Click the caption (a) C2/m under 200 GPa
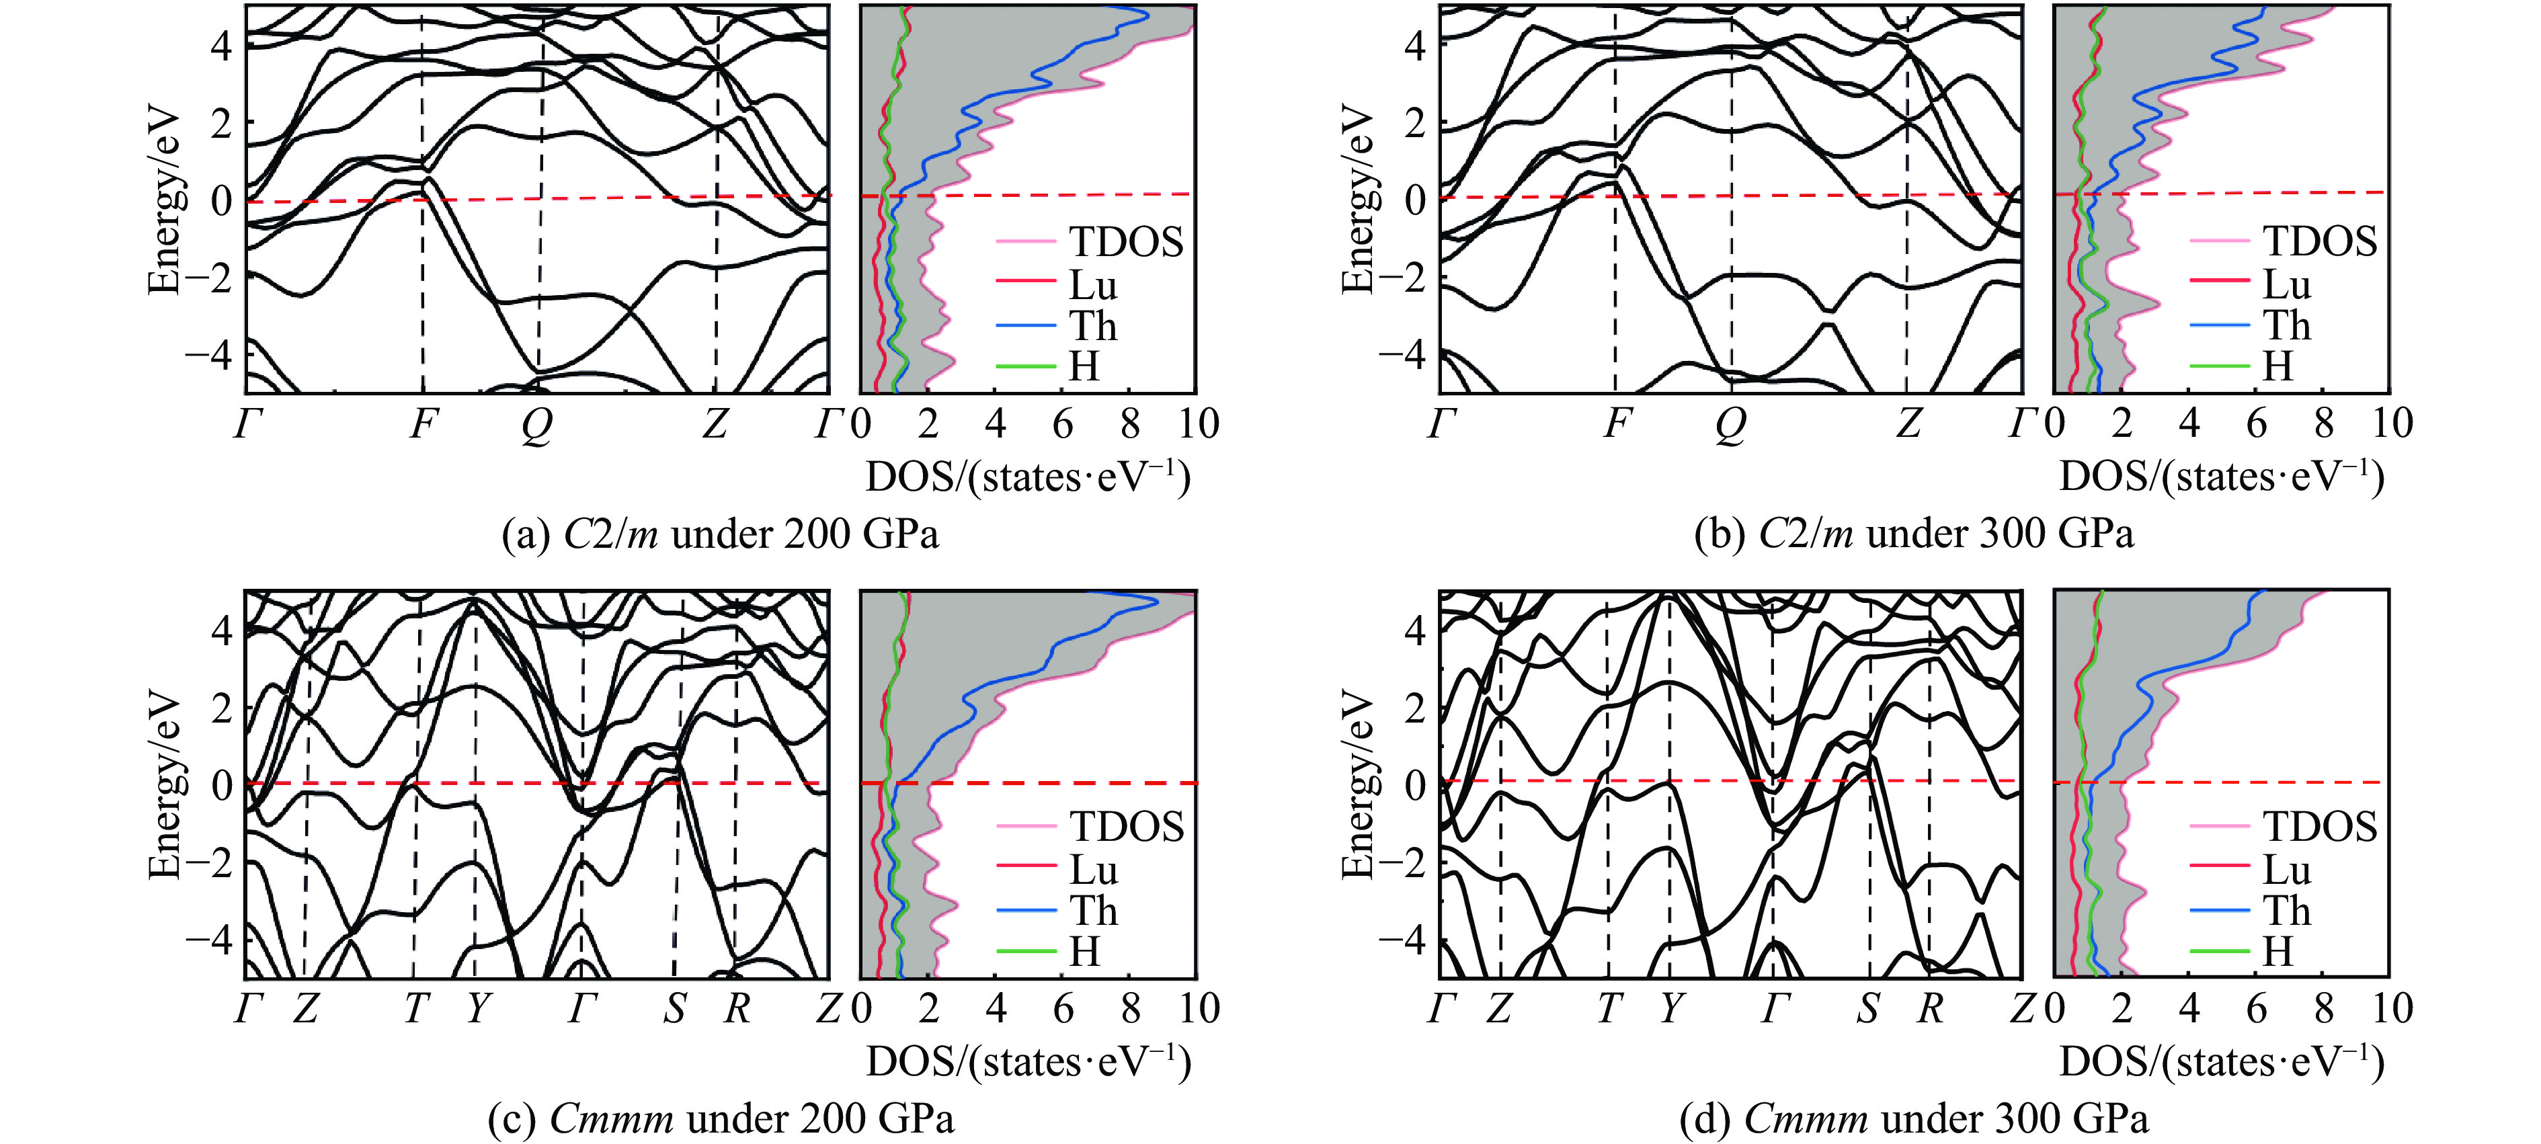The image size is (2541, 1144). click(720, 534)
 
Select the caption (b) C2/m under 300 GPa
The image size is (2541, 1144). click(1914, 534)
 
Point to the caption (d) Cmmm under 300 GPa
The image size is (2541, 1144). click(1914, 1119)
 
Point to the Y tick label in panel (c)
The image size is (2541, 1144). click(477, 1009)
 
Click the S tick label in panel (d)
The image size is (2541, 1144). click(1867, 1009)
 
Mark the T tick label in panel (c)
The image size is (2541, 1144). click(416, 1009)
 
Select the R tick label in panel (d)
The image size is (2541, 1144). click(1929, 1009)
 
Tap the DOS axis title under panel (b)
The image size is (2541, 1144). click(2222, 477)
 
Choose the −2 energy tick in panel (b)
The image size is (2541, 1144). click(1402, 278)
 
